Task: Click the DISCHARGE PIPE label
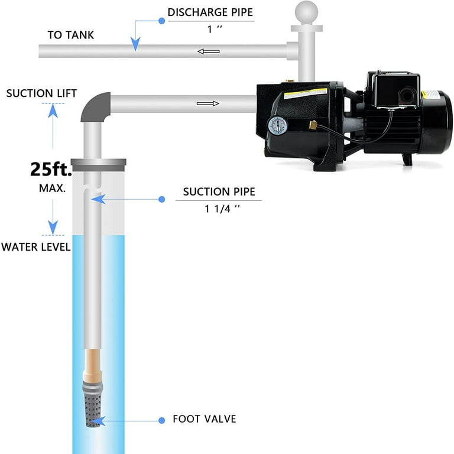[210, 12]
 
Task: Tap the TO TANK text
[71, 35]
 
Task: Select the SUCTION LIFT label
[42, 93]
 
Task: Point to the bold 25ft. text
[51, 169]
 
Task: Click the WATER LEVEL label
[36, 247]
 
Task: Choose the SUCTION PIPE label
[219, 192]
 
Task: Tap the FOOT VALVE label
[205, 419]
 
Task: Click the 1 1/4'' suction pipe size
[222, 209]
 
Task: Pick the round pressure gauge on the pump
[278, 126]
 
